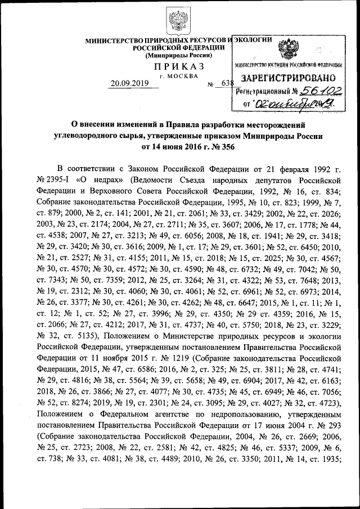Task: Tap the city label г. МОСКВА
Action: pyautogui.click(x=179, y=76)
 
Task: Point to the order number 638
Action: pyautogui.click(x=227, y=84)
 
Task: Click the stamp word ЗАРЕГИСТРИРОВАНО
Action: pyautogui.click(x=289, y=78)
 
